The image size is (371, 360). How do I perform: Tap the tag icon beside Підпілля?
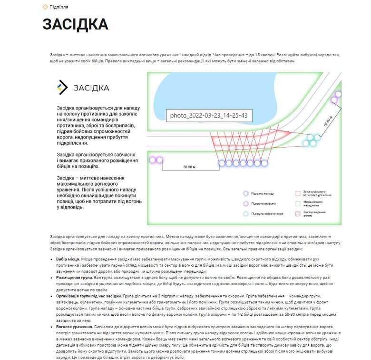tap(45, 7)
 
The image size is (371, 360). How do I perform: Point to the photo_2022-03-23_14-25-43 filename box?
tap(209, 116)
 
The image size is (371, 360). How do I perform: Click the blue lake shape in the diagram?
tap(214, 90)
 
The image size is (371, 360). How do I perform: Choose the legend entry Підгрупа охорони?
tap(264, 204)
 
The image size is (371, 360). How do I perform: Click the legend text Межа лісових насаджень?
tap(315, 204)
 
